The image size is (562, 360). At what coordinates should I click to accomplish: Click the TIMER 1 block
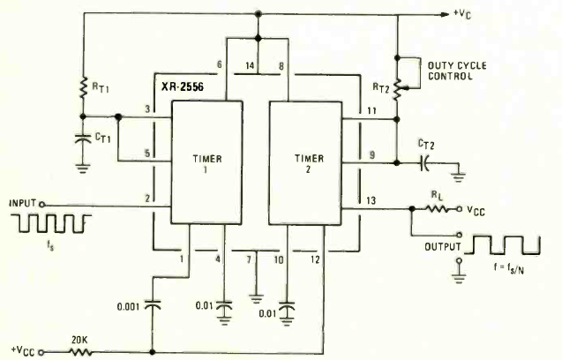pos(206,162)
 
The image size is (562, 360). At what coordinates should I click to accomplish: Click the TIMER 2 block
pos(305,162)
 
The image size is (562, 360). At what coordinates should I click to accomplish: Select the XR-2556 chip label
pos(183,87)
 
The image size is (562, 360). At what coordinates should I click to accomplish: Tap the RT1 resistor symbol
pos(83,87)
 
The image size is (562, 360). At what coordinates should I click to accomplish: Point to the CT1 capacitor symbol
pos(83,139)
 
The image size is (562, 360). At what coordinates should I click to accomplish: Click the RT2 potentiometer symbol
pos(398,89)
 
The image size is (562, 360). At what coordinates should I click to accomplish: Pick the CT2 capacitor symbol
pos(424,163)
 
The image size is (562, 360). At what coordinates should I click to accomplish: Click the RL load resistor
pos(437,209)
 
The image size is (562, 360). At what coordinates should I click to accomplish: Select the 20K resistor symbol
pos(80,352)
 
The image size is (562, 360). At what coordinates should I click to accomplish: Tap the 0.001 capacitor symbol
pos(153,305)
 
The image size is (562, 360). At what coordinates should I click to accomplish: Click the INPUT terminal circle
pos(41,205)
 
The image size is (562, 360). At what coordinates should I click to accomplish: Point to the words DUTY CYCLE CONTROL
pos(457,71)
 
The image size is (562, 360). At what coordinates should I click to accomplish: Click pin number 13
pos(371,200)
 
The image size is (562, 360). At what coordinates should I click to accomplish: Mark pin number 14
pos(250,65)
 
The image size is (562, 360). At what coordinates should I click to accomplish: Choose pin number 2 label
pos(147,198)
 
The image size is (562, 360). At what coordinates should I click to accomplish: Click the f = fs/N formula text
pos(509,268)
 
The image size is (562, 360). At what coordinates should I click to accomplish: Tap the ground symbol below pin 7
pos(256,299)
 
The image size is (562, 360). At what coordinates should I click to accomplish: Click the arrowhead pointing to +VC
pos(445,14)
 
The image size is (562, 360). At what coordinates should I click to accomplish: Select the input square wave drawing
pos(51,223)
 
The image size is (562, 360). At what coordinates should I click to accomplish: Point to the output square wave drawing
pos(503,245)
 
